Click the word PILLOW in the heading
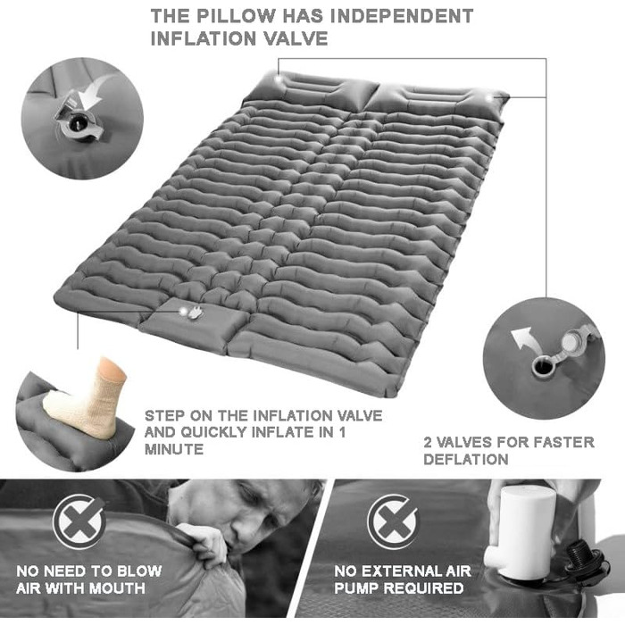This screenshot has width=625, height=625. pyautogui.click(x=236, y=16)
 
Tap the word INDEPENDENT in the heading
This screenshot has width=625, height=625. pyautogui.click(x=402, y=16)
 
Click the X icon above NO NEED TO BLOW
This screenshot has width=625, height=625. pyautogui.click(x=79, y=521)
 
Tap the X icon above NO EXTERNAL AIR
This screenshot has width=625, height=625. pyautogui.click(x=393, y=521)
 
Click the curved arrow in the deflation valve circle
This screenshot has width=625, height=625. pyautogui.click(x=522, y=337)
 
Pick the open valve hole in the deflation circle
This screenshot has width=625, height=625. pyautogui.click(x=542, y=366)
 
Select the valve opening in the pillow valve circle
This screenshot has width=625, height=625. pyautogui.click(x=76, y=124)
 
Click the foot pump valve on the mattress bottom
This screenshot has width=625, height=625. pyautogui.click(x=190, y=312)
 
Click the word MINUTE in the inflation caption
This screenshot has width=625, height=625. pyautogui.click(x=174, y=449)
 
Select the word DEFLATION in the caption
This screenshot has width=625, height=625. pyautogui.click(x=466, y=460)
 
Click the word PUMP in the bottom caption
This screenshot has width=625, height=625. pyautogui.click(x=356, y=588)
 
